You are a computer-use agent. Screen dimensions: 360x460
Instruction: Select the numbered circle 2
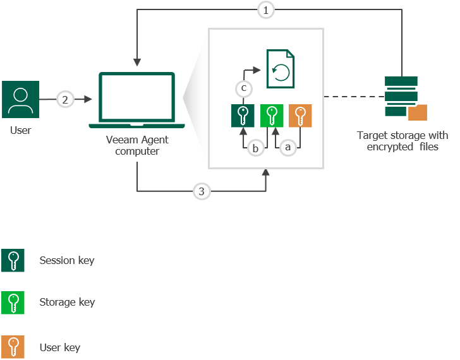click(64, 99)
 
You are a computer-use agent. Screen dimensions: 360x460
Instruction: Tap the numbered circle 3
click(202, 192)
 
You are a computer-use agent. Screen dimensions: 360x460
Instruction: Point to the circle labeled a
click(288, 147)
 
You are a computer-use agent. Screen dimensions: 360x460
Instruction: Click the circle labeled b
click(256, 148)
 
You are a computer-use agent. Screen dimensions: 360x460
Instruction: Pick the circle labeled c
click(243, 87)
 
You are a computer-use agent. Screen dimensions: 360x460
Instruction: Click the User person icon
click(21, 99)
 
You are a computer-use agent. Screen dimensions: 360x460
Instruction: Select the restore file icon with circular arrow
click(281, 69)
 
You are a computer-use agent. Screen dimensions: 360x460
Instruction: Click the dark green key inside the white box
click(243, 116)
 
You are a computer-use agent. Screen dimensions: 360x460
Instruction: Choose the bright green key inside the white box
click(272, 116)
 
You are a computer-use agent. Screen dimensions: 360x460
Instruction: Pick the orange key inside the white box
click(301, 116)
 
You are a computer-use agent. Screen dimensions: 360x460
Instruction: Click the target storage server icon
click(401, 96)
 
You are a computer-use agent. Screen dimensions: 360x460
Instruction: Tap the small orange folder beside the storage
click(417, 112)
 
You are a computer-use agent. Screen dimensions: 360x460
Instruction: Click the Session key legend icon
click(13, 260)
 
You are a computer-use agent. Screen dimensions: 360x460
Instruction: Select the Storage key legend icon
click(13, 303)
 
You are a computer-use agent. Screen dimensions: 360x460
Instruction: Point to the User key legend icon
click(13, 347)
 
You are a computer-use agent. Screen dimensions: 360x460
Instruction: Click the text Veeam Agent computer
click(137, 147)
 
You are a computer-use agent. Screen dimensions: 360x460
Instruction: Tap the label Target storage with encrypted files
click(402, 141)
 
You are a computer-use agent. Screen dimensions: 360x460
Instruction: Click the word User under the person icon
click(20, 130)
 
